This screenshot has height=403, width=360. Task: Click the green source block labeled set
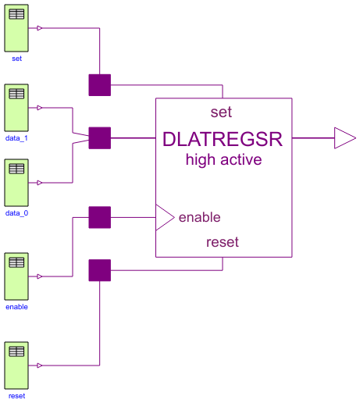click(16, 27)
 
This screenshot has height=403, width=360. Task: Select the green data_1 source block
click(16, 107)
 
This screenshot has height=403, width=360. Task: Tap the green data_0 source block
click(16, 183)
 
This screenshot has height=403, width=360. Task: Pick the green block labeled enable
click(16, 276)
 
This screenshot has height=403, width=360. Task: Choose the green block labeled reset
click(16, 365)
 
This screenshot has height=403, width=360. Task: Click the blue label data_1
click(16, 138)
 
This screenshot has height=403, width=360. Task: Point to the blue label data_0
click(16, 213)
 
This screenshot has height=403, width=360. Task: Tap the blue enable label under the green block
click(16, 307)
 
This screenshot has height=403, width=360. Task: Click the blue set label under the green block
click(16, 58)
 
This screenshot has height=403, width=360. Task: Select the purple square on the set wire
click(100, 84)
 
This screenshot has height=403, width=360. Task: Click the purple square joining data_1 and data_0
click(100, 138)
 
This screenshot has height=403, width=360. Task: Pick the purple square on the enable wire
click(100, 217)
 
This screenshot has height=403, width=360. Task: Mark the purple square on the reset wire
click(100, 270)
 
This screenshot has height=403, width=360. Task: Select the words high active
click(223, 160)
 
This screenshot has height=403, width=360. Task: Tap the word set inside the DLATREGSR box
click(222, 112)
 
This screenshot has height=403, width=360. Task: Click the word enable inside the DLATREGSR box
click(199, 217)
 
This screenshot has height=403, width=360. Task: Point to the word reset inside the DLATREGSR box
click(222, 242)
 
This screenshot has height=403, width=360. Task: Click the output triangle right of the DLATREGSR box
click(344, 138)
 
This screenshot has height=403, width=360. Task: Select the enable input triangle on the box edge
click(164, 217)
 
